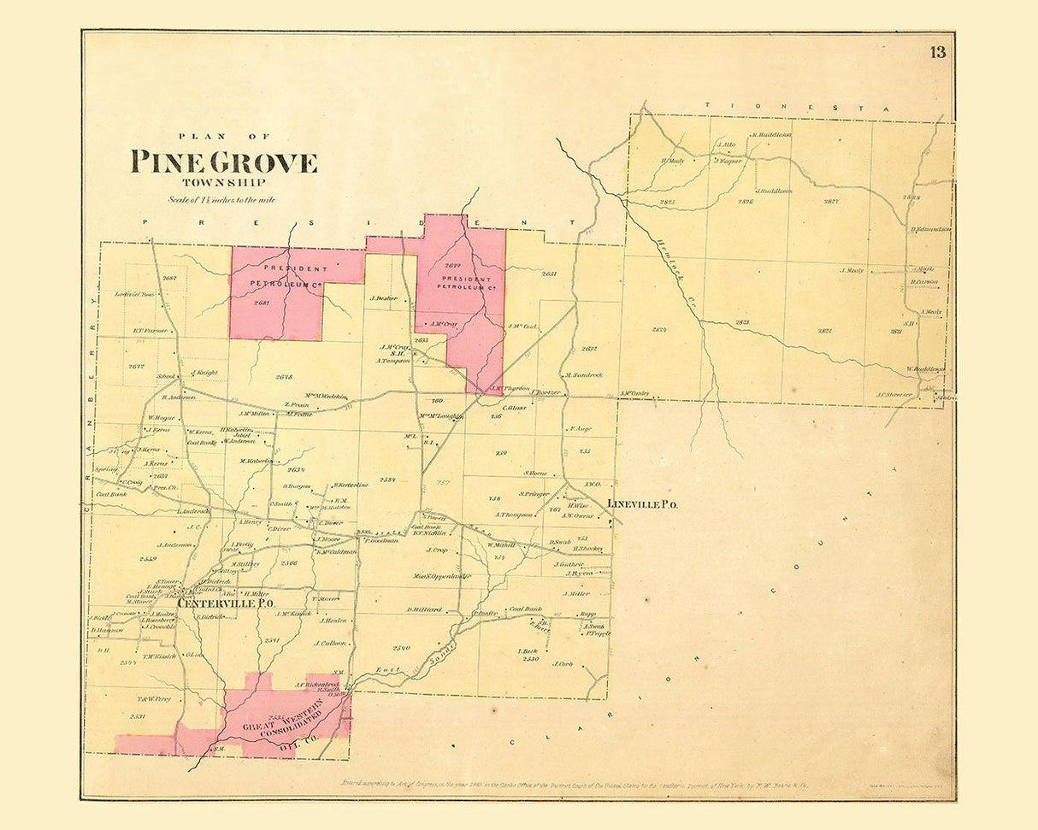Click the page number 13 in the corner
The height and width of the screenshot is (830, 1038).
point(938,53)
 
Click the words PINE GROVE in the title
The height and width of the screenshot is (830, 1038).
point(224,162)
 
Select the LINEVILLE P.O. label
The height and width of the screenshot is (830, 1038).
point(643,505)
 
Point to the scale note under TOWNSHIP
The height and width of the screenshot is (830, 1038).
point(221,200)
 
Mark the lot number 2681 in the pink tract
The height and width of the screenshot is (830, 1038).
point(262,303)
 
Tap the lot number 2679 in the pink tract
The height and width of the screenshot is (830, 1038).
point(453,264)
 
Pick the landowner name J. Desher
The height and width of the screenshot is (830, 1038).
point(385,298)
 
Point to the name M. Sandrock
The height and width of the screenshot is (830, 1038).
point(583,375)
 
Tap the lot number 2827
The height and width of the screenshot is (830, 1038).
point(830,202)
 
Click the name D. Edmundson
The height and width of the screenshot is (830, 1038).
point(931,229)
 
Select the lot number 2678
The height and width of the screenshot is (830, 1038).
point(285,376)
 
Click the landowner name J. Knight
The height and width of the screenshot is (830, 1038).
point(205,373)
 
